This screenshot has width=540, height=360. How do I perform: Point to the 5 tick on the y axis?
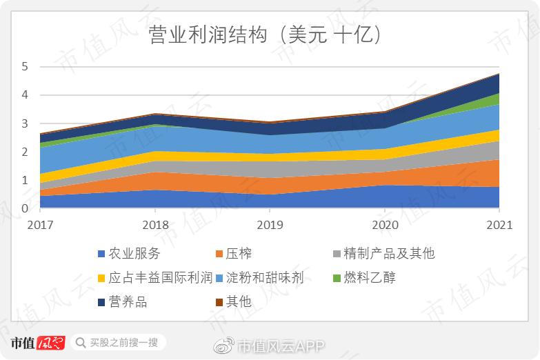pos(26,67)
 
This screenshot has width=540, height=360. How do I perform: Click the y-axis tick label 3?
pos(26,124)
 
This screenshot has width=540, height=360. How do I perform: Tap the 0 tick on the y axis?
pos(26,209)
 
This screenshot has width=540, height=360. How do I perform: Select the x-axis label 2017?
pos(40,226)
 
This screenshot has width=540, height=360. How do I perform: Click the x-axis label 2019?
pos(270,226)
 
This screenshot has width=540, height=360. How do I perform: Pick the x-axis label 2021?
pos(499,226)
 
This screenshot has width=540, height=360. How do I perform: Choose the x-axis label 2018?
pos(154,226)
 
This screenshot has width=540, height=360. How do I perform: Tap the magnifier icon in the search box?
pos(81,343)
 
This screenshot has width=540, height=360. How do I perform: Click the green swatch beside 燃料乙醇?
pos(337,279)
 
